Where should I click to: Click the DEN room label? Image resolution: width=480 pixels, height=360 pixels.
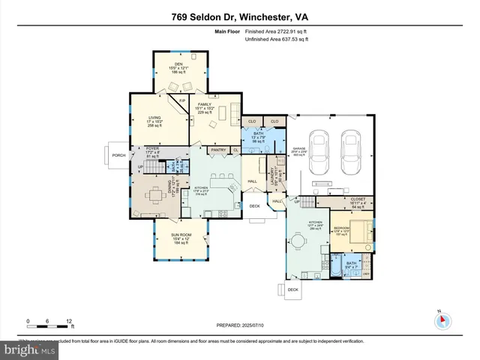point(178,64)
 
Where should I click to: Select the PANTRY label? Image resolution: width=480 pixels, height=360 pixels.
point(218,150)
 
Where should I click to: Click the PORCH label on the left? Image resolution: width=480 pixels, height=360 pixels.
point(118,156)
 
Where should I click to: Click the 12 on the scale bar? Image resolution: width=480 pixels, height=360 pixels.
point(69,321)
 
